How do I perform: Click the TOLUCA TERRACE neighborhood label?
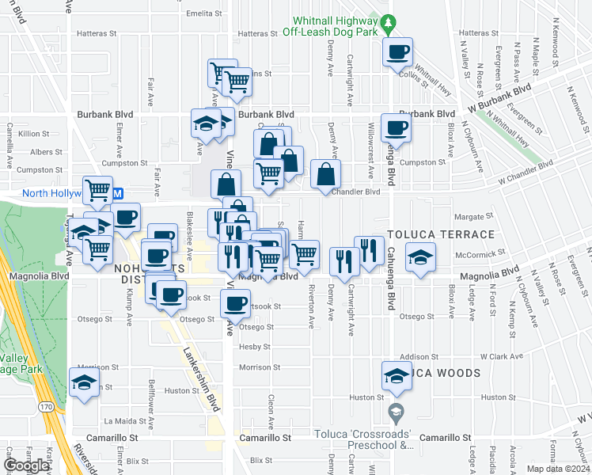pos(440,235)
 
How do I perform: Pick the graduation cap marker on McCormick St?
pos(420,256)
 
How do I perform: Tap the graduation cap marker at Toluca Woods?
pos(397,375)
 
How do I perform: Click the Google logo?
pos(27,465)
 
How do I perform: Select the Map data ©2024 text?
pos(558,468)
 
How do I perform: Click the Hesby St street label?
pos(256,347)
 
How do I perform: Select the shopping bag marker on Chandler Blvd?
pos(325,174)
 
